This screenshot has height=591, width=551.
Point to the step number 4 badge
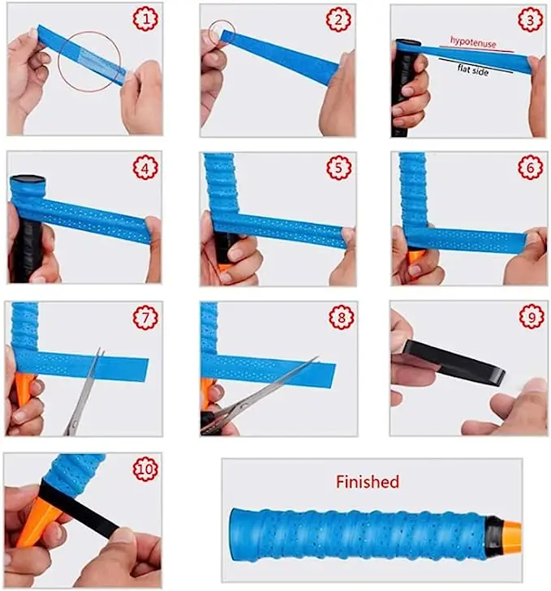[x=145, y=167]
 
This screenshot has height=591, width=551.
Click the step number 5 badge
[x=338, y=167]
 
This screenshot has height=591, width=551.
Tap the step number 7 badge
[x=145, y=317]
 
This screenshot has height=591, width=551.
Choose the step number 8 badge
[x=341, y=317]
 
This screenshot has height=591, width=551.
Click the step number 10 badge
[x=145, y=469]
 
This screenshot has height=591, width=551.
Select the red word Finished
[x=368, y=482]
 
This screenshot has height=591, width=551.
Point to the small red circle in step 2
[x=222, y=33]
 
